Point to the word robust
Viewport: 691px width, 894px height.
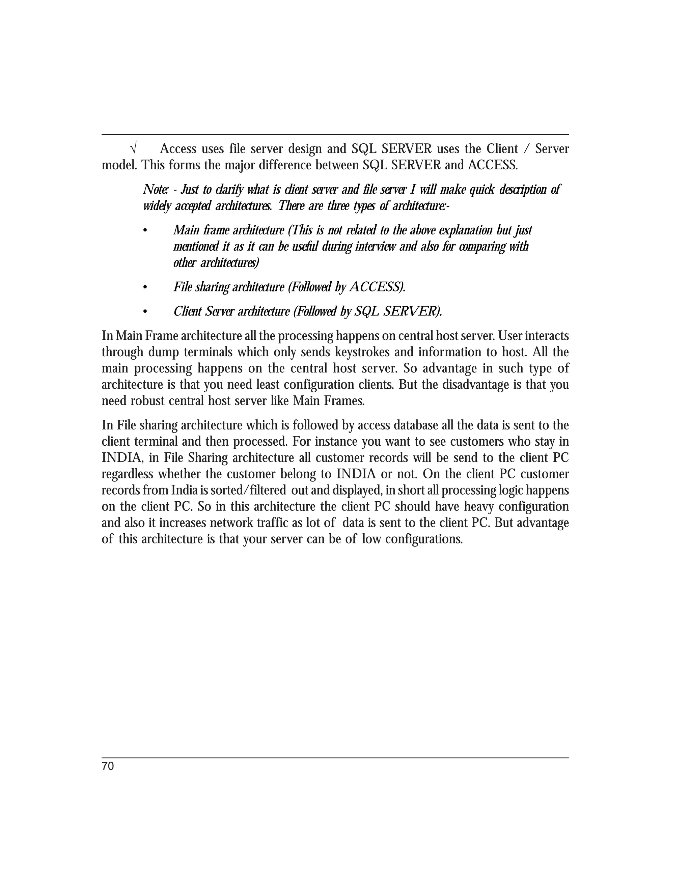(x=147, y=401)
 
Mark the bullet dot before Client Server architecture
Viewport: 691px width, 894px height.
(x=144, y=312)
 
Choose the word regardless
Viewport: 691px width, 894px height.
(x=127, y=474)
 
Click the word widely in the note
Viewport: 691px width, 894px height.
(x=157, y=206)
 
